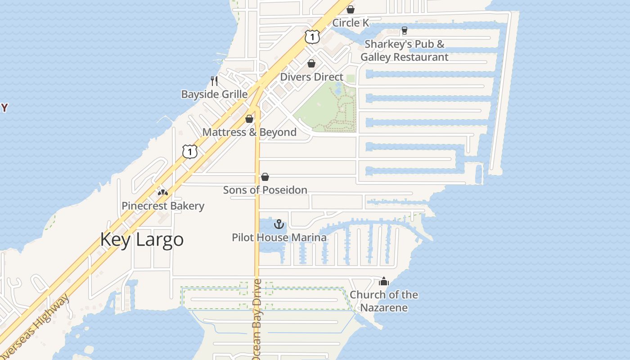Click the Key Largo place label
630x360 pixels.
click(142, 239)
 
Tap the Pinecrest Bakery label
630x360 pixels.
click(163, 206)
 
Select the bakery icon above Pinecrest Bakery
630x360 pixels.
click(162, 192)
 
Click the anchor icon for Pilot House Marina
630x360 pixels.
click(279, 224)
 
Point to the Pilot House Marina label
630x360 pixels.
click(279, 237)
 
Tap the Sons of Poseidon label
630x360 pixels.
click(265, 190)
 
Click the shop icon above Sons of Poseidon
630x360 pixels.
click(265, 177)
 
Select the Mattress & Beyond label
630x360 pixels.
click(249, 132)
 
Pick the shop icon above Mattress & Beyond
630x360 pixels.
click(249, 119)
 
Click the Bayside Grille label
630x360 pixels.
click(214, 94)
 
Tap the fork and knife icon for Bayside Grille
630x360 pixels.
click(214, 81)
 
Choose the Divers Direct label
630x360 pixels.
click(311, 77)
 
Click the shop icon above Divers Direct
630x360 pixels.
click(311, 63)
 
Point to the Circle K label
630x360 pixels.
click(351, 23)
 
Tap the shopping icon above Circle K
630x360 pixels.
click(351, 9)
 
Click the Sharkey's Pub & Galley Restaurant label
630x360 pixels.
click(404, 51)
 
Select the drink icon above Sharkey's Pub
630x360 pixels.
click(404, 31)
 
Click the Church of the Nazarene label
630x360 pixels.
click(384, 301)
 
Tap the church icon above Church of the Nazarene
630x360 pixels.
click(384, 282)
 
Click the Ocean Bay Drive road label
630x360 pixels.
click(257, 319)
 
